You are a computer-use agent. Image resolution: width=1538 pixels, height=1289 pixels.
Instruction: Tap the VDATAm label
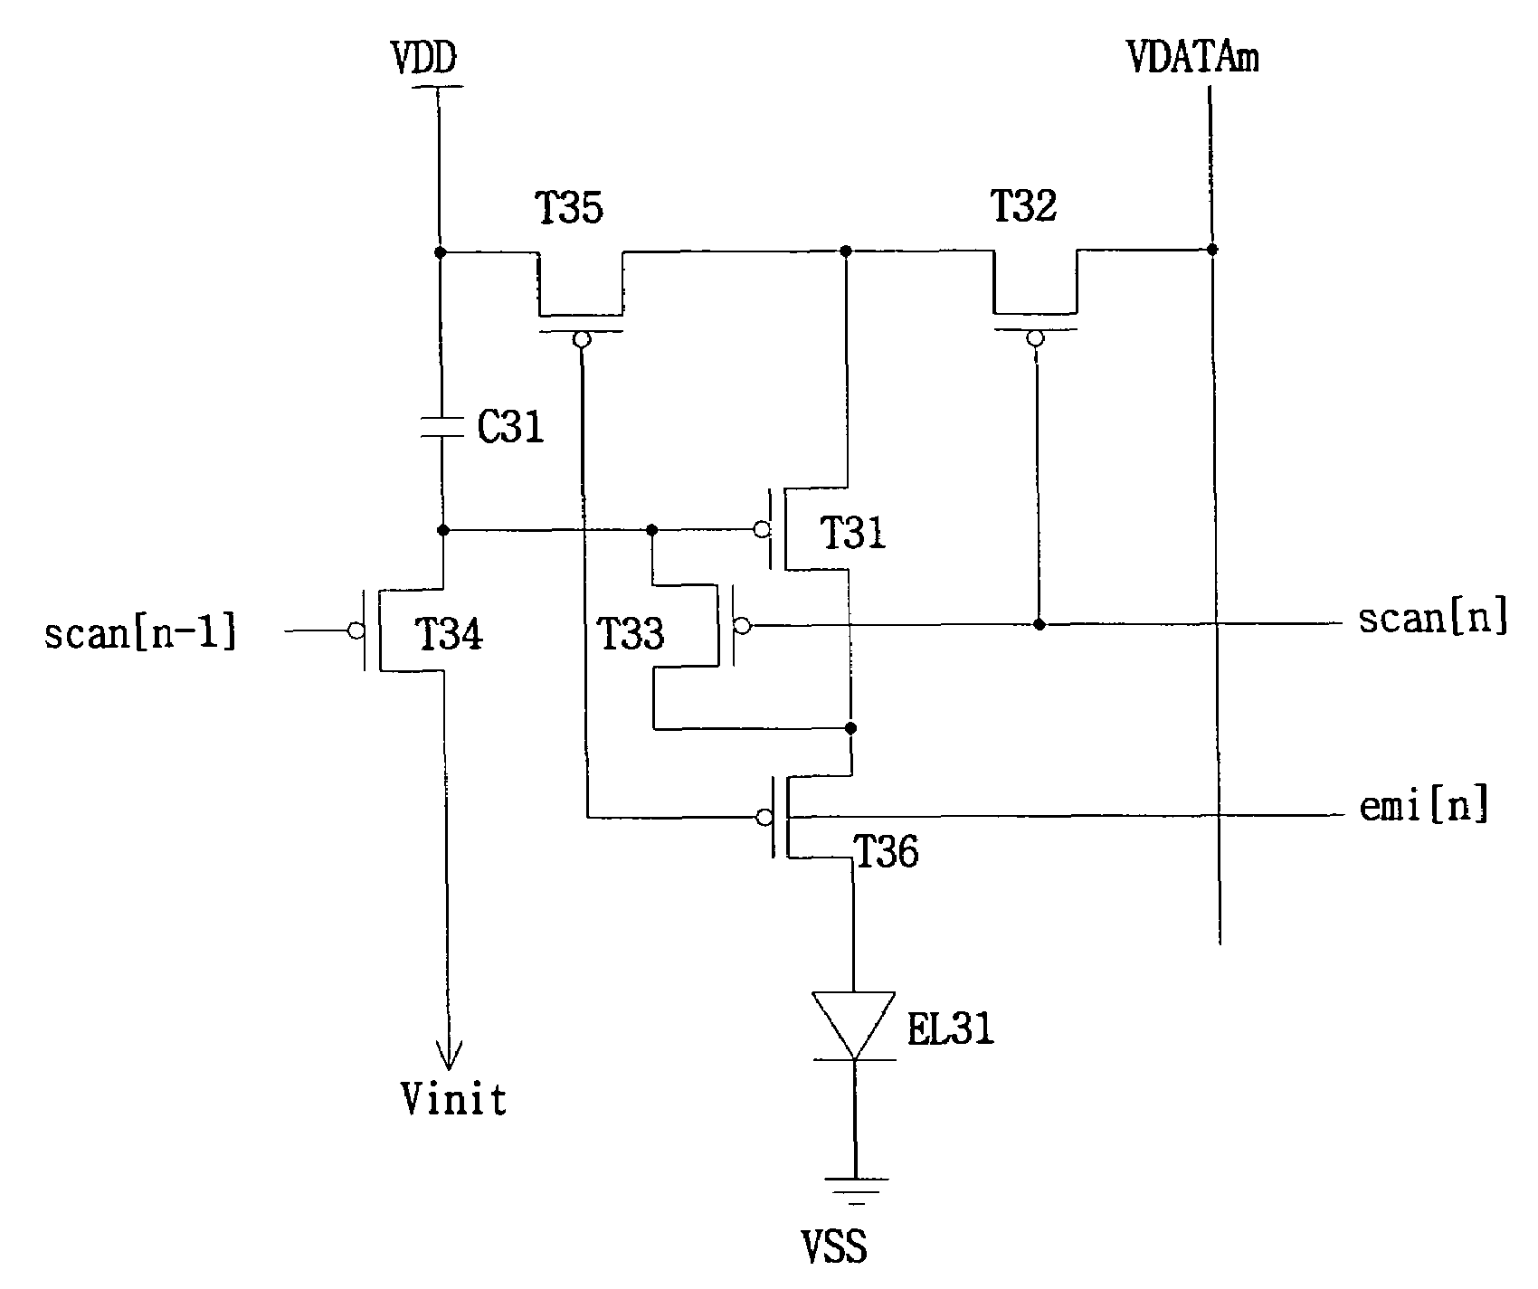click(1193, 58)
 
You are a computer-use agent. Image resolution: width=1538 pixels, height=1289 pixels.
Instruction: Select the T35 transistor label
click(570, 209)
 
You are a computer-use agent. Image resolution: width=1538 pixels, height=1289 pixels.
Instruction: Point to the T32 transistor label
click(1023, 207)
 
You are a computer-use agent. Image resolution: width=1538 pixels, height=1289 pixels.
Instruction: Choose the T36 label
click(886, 852)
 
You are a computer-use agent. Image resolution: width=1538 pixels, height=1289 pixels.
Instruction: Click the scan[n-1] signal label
click(142, 632)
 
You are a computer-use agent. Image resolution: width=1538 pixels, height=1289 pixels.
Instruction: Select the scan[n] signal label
click(1434, 619)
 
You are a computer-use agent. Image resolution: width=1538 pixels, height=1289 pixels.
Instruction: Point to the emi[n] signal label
click(1425, 805)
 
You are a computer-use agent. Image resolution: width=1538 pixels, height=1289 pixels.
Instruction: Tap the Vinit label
click(454, 1100)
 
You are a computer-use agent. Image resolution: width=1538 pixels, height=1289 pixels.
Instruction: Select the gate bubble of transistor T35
click(582, 339)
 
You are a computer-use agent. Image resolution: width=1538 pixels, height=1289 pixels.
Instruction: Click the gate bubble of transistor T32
click(1035, 338)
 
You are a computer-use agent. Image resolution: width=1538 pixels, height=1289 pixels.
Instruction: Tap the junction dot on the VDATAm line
click(1211, 249)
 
